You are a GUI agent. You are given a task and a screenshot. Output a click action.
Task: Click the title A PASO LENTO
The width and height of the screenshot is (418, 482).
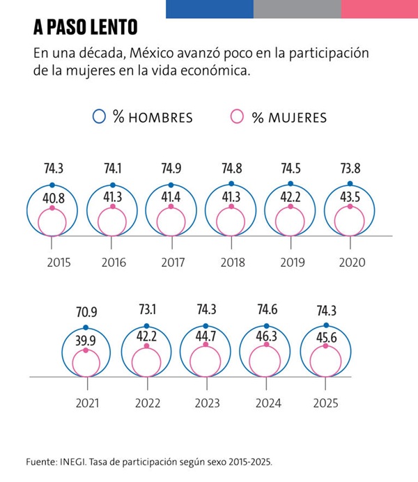85,27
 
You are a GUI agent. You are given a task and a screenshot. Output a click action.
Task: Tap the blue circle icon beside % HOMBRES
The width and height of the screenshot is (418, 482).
100,116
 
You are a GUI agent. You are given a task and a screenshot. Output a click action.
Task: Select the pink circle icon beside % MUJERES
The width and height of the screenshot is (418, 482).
237,116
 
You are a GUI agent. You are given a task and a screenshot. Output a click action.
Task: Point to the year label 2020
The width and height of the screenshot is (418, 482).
352,263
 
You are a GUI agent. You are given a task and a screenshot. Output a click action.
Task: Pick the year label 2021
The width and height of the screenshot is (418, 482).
88,403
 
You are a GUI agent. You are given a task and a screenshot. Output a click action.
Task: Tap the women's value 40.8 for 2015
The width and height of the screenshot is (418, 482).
52,198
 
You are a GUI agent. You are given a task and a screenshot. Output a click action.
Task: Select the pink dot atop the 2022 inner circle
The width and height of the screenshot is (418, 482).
147,350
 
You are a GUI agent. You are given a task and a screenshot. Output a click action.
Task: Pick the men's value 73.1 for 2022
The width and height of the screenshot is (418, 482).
146,310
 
